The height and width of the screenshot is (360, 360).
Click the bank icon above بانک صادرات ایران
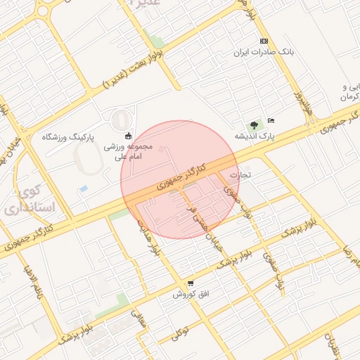point(264,41)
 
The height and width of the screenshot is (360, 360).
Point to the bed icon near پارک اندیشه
point(272,120)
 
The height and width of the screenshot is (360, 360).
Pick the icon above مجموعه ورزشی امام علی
point(128,136)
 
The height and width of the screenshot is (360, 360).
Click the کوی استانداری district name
point(24,200)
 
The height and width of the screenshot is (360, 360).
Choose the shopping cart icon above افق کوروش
point(190,283)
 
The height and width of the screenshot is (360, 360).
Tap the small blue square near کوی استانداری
point(84,190)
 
